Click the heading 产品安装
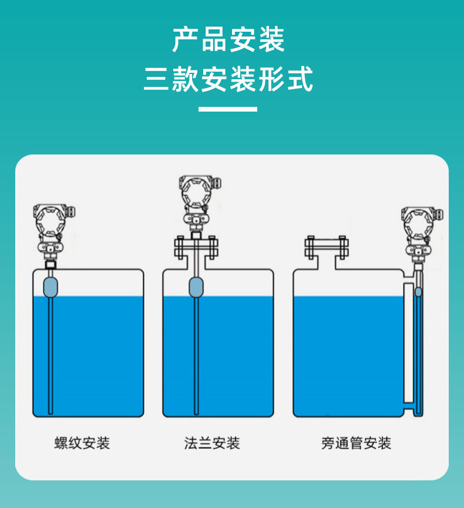point(228,40)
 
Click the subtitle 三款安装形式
point(228,79)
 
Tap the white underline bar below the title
point(228,109)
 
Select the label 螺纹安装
point(82,443)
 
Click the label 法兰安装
point(212,443)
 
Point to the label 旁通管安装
point(356,443)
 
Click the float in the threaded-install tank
point(51,287)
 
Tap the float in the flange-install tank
point(196,287)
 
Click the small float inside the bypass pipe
point(418,292)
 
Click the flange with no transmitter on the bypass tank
point(327,247)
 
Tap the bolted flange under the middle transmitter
point(196,247)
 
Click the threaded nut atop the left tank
point(51,265)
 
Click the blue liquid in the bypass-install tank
point(348,356)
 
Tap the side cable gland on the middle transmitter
point(217,183)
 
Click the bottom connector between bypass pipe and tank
point(409,409)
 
